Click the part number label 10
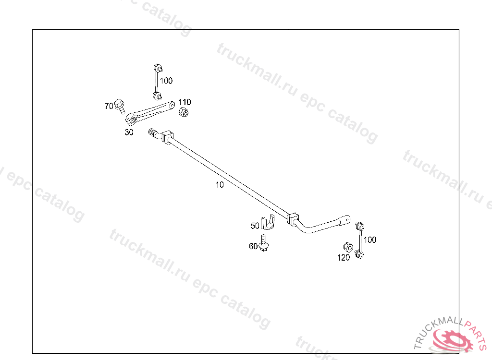tap(220, 185)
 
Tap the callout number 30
tap(129, 132)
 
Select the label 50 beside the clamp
tap(255, 225)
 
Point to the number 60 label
tap(253, 246)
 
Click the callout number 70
tap(109, 106)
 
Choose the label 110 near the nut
tap(184, 102)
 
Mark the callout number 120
tap(343, 258)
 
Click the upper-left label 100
tap(166, 81)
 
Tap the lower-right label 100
tap(370, 240)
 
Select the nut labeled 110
tap(183, 112)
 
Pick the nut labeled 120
tap(346, 247)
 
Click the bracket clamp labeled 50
tap(267, 223)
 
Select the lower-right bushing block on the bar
tap(294, 218)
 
